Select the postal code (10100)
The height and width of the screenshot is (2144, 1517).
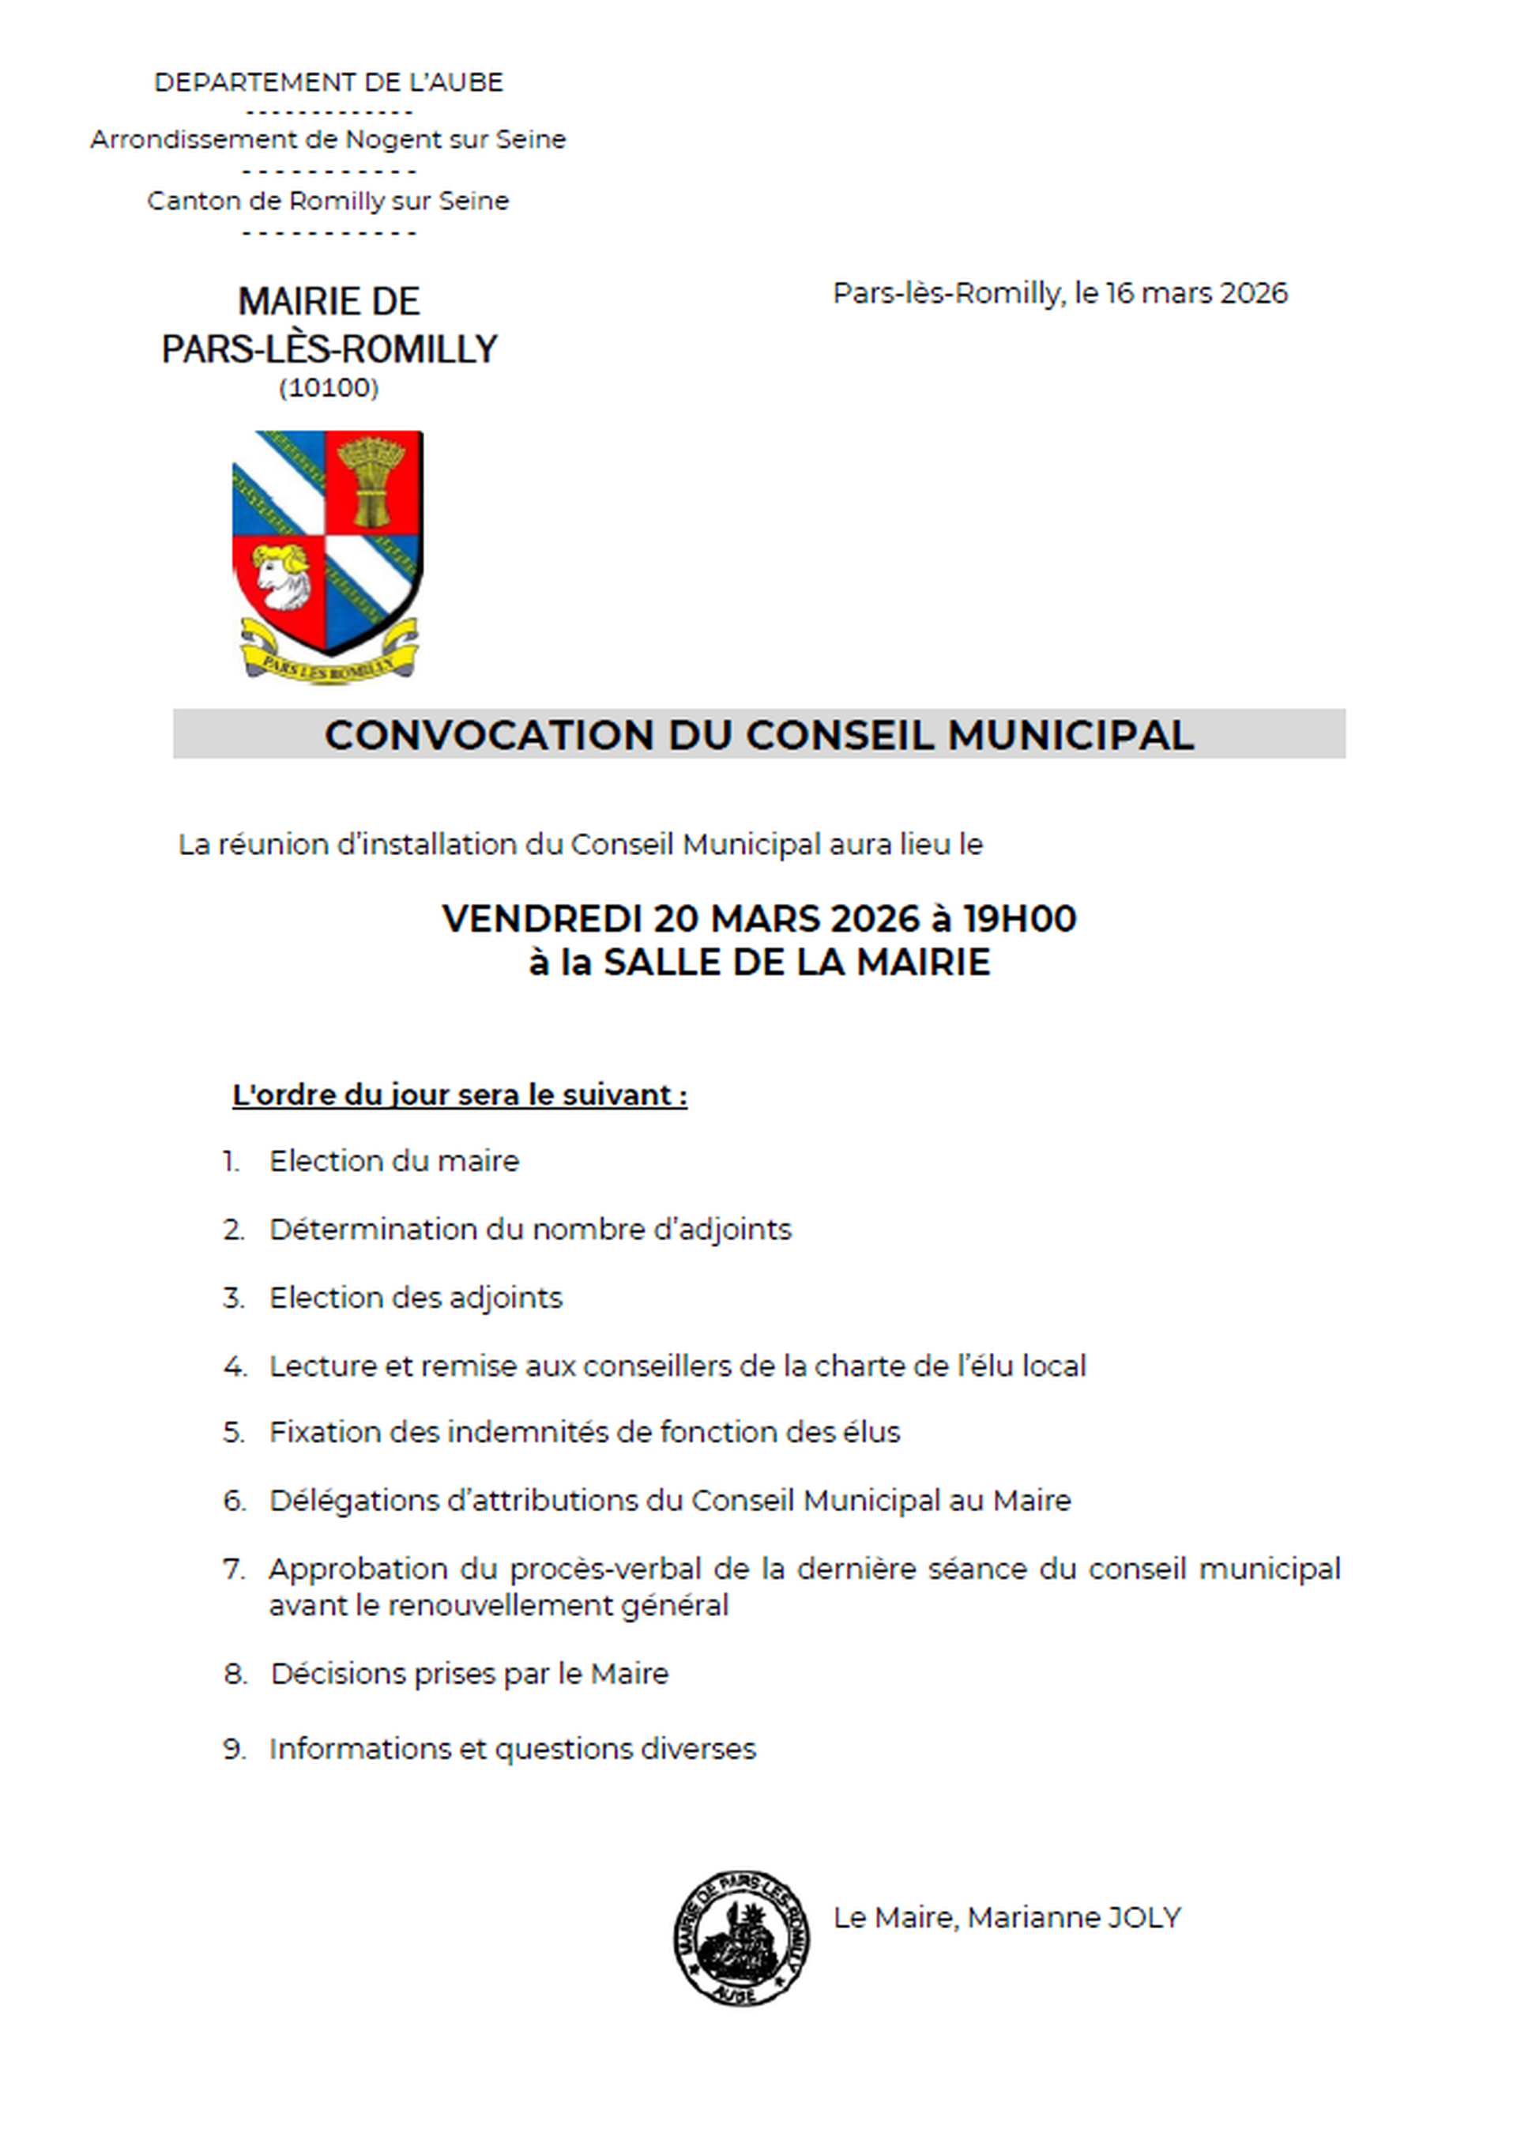[x=329, y=388]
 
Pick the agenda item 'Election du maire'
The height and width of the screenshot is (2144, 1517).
[x=394, y=1161]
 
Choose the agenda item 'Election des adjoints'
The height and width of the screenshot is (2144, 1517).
[x=416, y=1298]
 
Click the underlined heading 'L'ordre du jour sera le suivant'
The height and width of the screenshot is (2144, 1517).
[x=460, y=1094]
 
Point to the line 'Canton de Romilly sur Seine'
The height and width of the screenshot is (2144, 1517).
[x=328, y=201]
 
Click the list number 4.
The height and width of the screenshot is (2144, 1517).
[x=234, y=1366]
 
